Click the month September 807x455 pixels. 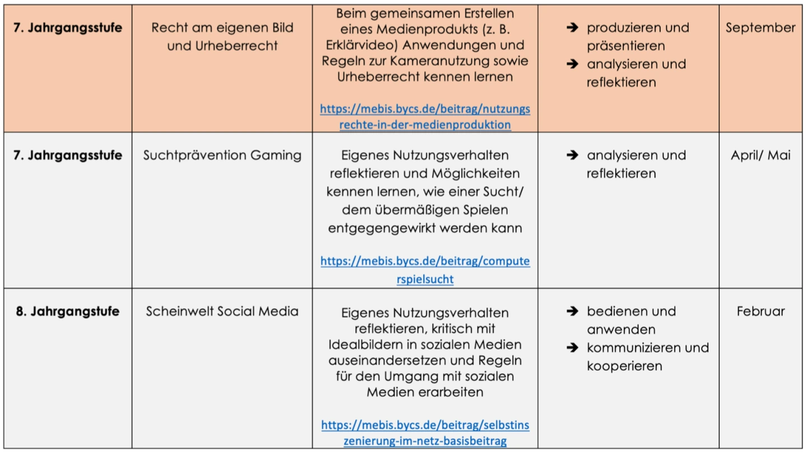(760, 27)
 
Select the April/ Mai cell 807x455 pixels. (760, 155)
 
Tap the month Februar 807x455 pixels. (760, 311)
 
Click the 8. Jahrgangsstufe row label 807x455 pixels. (67, 311)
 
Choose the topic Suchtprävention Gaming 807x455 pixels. (222, 155)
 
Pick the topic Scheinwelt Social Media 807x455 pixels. (222, 311)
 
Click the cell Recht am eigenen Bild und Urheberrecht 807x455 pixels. (222, 36)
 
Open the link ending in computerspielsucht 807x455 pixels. (425, 270)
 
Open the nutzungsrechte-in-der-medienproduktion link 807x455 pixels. (425, 116)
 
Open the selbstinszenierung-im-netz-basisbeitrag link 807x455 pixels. (425, 433)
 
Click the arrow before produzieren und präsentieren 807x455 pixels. (572, 27)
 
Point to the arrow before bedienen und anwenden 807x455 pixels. (572, 311)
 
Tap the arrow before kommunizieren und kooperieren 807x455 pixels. (572, 348)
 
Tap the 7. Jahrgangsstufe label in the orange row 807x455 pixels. (67, 27)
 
